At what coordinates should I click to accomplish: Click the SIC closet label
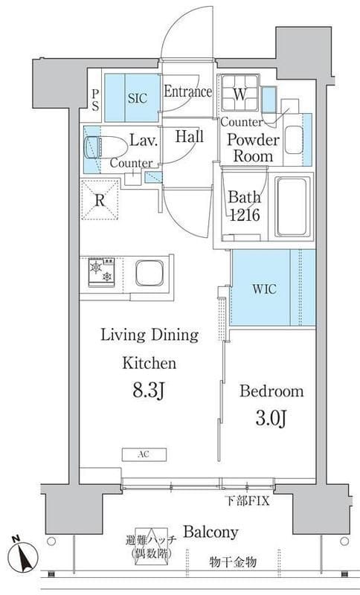(x=138, y=99)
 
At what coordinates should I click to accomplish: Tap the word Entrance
(x=187, y=91)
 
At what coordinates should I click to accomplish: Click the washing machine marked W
(x=240, y=94)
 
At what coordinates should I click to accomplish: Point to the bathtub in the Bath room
(x=292, y=207)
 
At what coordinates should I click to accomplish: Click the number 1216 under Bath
(x=245, y=215)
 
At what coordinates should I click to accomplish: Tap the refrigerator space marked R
(x=100, y=200)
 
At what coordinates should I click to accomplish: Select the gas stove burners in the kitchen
(x=101, y=272)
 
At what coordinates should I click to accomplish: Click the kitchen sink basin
(x=150, y=273)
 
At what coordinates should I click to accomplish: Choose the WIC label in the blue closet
(x=264, y=289)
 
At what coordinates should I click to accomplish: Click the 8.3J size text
(x=148, y=391)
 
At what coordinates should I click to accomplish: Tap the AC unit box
(x=144, y=454)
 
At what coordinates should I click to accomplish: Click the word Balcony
(x=210, y=532)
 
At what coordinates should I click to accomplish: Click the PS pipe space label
(x=95, y=100)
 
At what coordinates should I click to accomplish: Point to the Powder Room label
(x=253, y=148)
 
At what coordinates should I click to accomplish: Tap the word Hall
(x=189, y=137)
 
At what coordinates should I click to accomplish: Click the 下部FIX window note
(x=248, y=501)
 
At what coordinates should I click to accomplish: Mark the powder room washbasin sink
(x=294, y=140)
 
